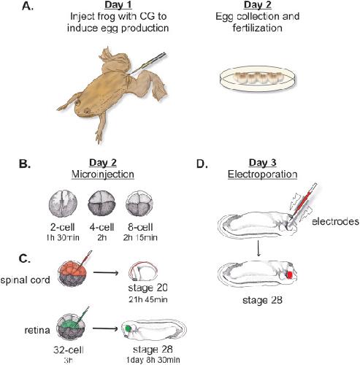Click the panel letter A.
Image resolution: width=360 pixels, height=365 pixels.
pos(27,7)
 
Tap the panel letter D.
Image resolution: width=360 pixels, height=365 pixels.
pos(202,164)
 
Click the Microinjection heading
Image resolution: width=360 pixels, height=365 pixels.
pos(103,174)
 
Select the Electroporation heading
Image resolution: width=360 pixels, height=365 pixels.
pos(262,174)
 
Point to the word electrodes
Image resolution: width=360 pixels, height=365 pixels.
pos(335,221)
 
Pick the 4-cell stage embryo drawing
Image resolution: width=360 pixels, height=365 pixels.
pos(102,204)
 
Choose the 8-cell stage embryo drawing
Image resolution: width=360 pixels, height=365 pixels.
pos(140,204)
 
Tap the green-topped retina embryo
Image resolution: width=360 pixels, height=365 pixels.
pos(71,328)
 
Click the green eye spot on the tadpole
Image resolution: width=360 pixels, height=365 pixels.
pos(128,328)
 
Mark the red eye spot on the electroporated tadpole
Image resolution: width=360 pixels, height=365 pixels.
pos(290,274)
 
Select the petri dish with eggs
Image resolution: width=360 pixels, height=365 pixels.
pos(258,78)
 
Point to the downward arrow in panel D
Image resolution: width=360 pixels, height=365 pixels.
pos(258,246)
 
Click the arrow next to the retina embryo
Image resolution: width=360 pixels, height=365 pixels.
pos(105,328)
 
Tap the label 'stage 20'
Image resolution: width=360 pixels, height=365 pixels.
pos(148,288)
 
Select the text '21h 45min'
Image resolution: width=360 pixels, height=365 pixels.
pos(148,299)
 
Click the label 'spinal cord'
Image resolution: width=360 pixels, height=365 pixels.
pos(25,280)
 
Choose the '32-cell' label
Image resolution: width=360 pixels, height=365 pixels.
pos(69,350)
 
